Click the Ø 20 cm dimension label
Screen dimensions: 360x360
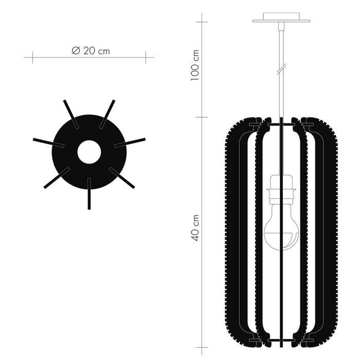(x=91, y=50)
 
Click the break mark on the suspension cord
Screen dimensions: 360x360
(x=281, y=68)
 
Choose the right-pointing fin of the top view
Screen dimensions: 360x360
(x=131, y=142)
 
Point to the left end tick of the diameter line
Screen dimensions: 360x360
(x=32, y=57)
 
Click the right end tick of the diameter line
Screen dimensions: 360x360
(x=146, y=57)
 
